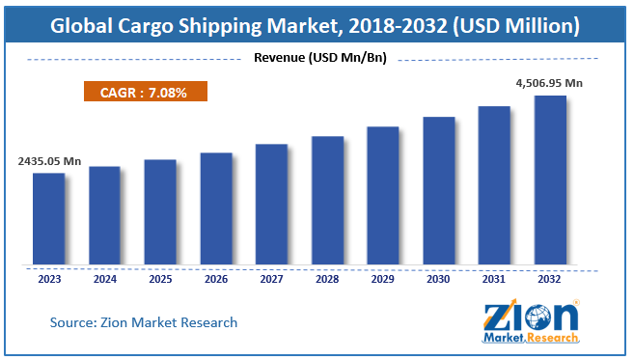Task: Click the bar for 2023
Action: pyautogui.click(x=48, y=218)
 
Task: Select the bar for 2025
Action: pyautogui.click(x=160, y=211)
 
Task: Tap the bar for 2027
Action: pyautogui.click(x=271, y=204)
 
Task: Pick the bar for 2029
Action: pyautogui.click(x=383, y=195)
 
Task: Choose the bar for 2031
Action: pyautogui.click(x=494, y=184)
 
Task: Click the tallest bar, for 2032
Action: pyautogui.click(x=550, y=180)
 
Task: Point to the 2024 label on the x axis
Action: pyautogui.click(x=104, y=279)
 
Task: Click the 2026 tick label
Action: pyautogui.click(x=216, y=279)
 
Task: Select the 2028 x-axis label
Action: pyautogui.click(x=327, y=279)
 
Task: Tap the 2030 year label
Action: pyautogui.click(x=439, y=279)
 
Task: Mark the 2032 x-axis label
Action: pyautogui.click(x=550, y=279)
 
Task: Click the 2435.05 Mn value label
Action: pyautogui.click(x=48, y=161)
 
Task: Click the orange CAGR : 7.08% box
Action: pyautogui.click(x=144, y=94)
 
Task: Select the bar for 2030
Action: pyautogui.click(x=439, y=190)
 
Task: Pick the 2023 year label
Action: pyautogui.click(x=48, y=279)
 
